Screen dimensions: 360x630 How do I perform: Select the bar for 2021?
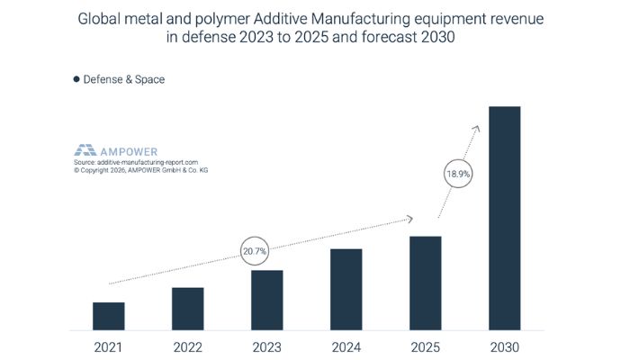pos(108,316)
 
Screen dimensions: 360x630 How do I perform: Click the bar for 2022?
pos(187,309)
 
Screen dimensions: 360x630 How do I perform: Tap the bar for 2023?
pos(266,300)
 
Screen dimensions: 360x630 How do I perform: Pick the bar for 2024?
pos(346,289)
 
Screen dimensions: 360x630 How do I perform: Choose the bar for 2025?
pos(425,283)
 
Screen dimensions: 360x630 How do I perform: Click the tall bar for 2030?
pos(504,218)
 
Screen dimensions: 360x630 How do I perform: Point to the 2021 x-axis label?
pos(108,346)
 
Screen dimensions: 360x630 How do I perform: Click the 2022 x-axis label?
pos(187,346)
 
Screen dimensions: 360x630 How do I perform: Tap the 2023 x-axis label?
pos(266,346)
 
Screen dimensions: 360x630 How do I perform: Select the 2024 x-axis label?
pos(346,346)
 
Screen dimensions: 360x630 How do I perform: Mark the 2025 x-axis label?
pos(425,346)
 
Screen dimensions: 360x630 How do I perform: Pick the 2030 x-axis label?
pos(504,346)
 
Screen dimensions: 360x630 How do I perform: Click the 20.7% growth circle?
pos(255,250)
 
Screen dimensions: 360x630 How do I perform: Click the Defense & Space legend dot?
pos(76,79)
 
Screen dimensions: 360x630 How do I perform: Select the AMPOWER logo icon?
pos(85,149)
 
